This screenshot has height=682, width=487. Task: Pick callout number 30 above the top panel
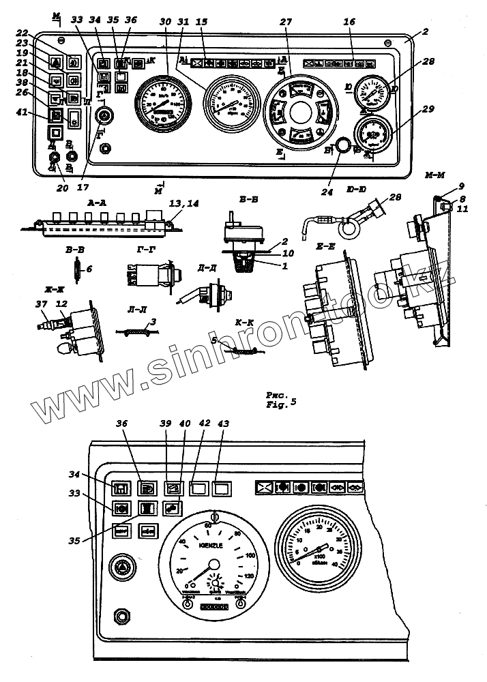(x=164, y=22)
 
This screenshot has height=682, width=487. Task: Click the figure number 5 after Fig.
(x=294, y=403)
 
